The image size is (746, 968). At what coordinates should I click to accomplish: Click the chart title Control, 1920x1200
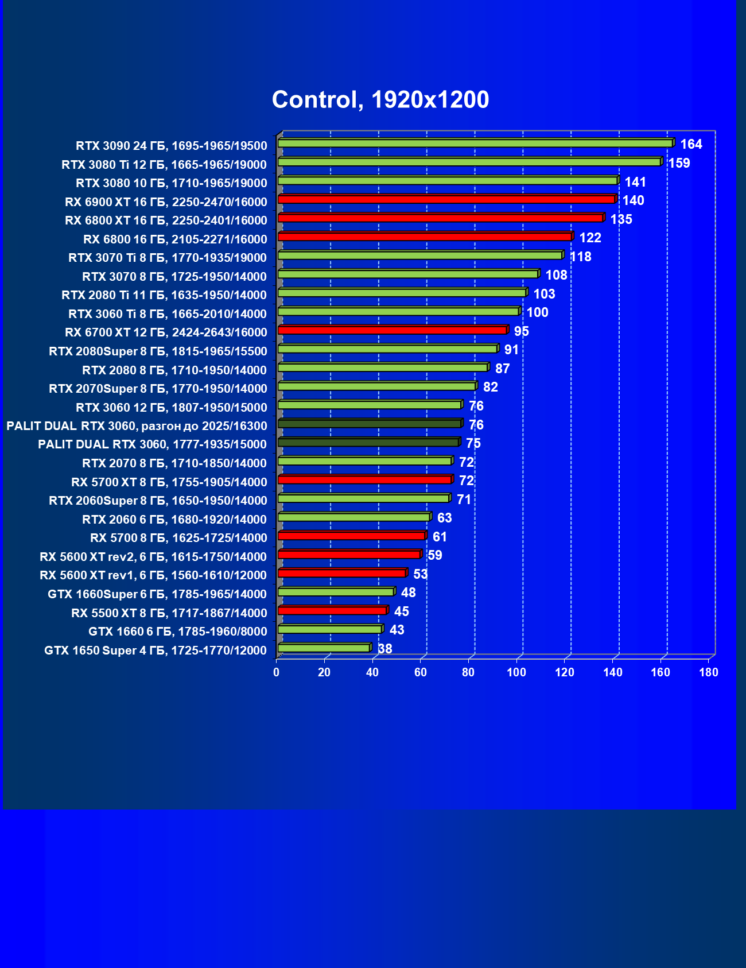380,100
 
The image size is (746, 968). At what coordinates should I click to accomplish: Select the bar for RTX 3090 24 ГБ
475,144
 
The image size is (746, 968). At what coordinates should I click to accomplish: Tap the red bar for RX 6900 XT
446,200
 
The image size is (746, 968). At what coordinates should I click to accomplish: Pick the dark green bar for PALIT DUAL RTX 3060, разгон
370,424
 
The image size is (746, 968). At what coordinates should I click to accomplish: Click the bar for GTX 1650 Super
324,648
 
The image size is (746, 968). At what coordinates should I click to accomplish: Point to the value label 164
691,144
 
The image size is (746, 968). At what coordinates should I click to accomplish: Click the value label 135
621,219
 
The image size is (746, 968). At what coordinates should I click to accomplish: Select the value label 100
537,312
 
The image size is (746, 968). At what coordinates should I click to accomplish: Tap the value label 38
385,649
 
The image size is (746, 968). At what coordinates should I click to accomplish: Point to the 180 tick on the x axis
709,672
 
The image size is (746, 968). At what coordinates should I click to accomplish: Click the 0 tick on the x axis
277,672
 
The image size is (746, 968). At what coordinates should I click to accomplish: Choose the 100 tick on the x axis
516,672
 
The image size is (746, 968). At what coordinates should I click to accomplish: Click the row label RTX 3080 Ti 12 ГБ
164,165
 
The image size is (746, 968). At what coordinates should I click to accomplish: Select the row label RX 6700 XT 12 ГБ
166,332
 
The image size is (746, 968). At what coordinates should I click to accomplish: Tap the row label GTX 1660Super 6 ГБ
157,594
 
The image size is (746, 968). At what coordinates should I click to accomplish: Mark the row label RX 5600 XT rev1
153,575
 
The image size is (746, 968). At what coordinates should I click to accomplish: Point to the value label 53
420,574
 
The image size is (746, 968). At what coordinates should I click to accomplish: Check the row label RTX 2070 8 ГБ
174,463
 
